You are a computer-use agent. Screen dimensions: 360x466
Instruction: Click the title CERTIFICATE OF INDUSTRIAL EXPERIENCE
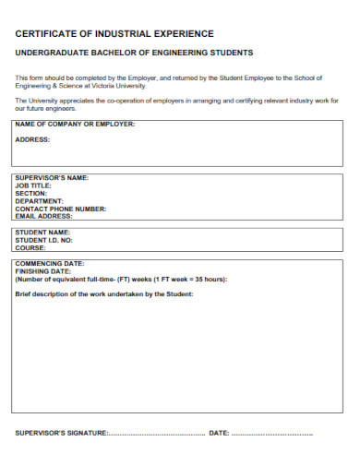click(x=114, y=33)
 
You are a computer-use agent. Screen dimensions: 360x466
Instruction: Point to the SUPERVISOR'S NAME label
click(x=52, y=177)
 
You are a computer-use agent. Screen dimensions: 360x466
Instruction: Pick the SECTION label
click(x=31, y=193)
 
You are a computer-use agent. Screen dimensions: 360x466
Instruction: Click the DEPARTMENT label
click(x=40, y=200)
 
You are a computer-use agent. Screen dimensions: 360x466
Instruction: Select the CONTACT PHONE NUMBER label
click(x=61, y=209)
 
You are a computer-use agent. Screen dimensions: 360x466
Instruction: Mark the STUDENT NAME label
click(x=42, y=232)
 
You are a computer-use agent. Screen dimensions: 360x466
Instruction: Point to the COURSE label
click(x=30, y=247)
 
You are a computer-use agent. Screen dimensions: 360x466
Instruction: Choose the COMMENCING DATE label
click(x=50, y=264)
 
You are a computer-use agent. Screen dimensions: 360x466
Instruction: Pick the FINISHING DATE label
click(x=43, y=271)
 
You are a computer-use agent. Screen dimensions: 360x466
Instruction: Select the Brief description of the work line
click(x=104, y=294)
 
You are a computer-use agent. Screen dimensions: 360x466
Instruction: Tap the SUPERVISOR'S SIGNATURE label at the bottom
click(x=63, y=433)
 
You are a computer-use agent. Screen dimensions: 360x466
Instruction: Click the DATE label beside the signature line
click(x=219, y=433)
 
